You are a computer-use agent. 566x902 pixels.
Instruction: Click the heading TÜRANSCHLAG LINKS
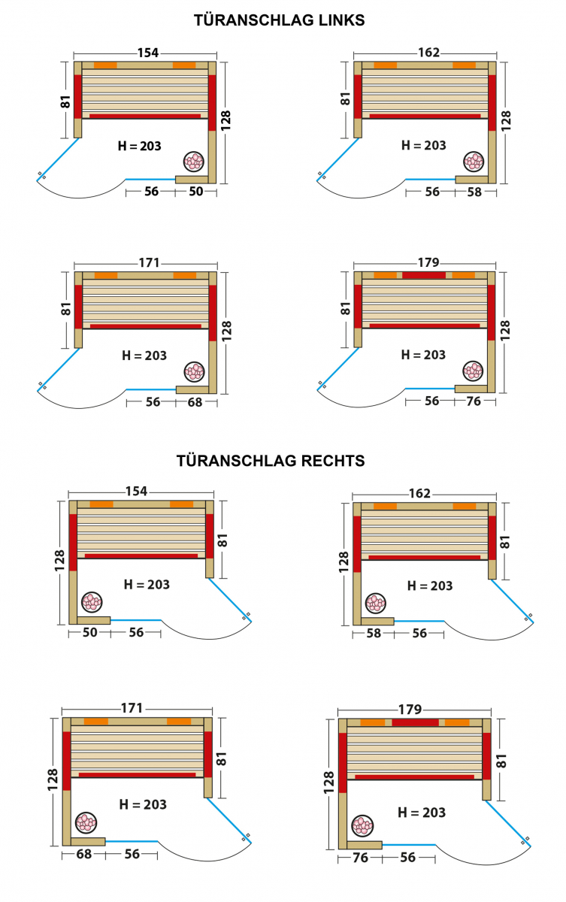click(x=280, y=20)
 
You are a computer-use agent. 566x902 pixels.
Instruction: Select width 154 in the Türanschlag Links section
click(x=147, y=53)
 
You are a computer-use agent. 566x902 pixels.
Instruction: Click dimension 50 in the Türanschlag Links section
click(x=195, y=192)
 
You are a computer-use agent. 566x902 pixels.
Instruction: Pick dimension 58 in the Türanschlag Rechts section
click(x=374, y=634)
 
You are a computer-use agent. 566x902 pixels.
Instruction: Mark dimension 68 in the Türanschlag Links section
click(x=195, y=401)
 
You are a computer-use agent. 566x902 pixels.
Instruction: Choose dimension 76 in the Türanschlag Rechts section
click(x=360, y=858)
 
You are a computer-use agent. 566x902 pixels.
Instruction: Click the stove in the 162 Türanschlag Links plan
click(x=474, y=160)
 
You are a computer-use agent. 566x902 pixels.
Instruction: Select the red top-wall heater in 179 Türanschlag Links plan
click(x=424, y=275)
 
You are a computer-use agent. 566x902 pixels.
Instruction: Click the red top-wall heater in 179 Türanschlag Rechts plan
click(x=415, y=722)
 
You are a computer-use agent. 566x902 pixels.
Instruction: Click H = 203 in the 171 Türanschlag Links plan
click(x=144, y=356)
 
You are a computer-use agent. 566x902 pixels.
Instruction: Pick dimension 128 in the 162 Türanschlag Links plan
click(x=505, y=119)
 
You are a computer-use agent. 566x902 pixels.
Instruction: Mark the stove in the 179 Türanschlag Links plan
click(x=474, y=370)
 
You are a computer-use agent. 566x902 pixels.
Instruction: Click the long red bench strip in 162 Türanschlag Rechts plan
click(x=425, y=557)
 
